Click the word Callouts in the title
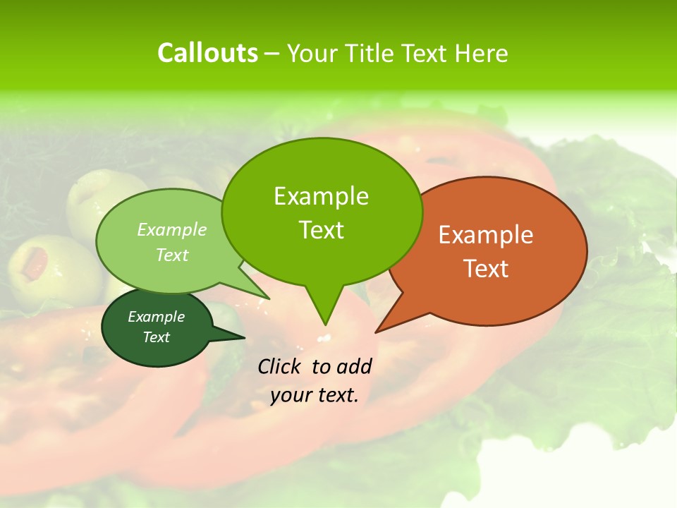207,53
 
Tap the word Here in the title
481,53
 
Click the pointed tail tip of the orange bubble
377,332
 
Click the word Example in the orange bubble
486,235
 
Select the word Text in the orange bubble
486,269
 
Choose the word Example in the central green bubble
321,196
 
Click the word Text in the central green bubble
321,230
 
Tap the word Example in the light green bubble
172,230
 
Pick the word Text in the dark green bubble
157,337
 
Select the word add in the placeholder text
354,366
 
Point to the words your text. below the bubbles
315,395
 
